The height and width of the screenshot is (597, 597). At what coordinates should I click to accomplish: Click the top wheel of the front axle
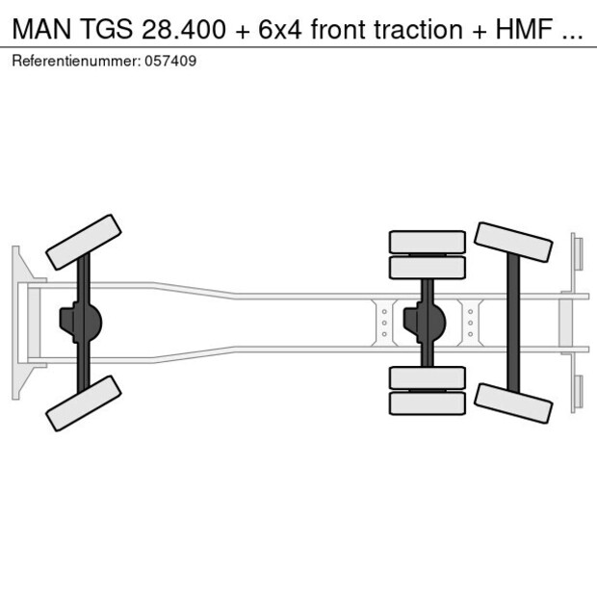tap(84, 241)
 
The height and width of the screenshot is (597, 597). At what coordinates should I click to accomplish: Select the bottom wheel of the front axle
tap(84, 402)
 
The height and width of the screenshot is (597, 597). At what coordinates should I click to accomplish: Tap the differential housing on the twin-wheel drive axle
tap(426, 323)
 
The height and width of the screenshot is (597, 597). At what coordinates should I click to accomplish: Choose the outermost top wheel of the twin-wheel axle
tap(428, 241)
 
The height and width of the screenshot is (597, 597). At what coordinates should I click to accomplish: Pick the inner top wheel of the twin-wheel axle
tap(428, 267)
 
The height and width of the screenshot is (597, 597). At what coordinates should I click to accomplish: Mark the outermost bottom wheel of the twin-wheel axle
tap(428, 402)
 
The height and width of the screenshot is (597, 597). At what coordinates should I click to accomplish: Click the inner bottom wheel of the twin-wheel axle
tap(428, 377)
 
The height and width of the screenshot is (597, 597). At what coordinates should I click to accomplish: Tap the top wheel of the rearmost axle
tap(513, 242)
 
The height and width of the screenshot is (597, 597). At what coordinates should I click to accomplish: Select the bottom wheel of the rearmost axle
tap(513, 402)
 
